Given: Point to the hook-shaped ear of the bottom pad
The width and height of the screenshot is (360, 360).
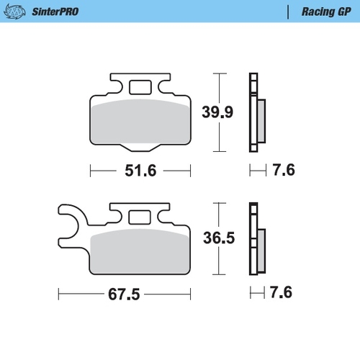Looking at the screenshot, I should tap(71, 220).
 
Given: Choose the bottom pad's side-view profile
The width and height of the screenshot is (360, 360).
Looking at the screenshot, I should tap(253, 238).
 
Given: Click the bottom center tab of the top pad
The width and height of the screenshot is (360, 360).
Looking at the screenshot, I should tap(140, 148).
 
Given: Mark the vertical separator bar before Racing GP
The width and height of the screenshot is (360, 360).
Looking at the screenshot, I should tap(288, 12).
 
